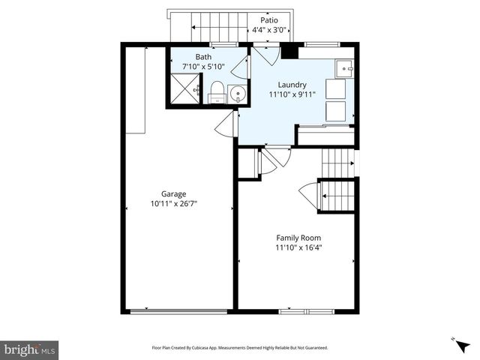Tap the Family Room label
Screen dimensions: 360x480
pos(298,238)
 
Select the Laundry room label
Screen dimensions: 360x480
pos(292,85)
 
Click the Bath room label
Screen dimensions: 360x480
pos(203,57)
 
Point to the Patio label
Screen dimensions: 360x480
pos(268,20)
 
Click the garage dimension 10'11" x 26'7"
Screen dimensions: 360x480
pos(173,203)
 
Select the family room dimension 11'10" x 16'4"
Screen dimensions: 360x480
pos(298,247)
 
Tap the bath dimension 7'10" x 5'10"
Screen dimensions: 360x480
pos(203,67)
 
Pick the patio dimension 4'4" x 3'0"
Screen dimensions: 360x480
pos(268,30)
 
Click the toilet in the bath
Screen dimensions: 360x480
pos(217,92)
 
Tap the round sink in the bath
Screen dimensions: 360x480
pos(237,94)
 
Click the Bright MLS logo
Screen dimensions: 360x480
pos(30,349)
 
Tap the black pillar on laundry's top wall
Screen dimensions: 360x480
pos(289,52)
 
